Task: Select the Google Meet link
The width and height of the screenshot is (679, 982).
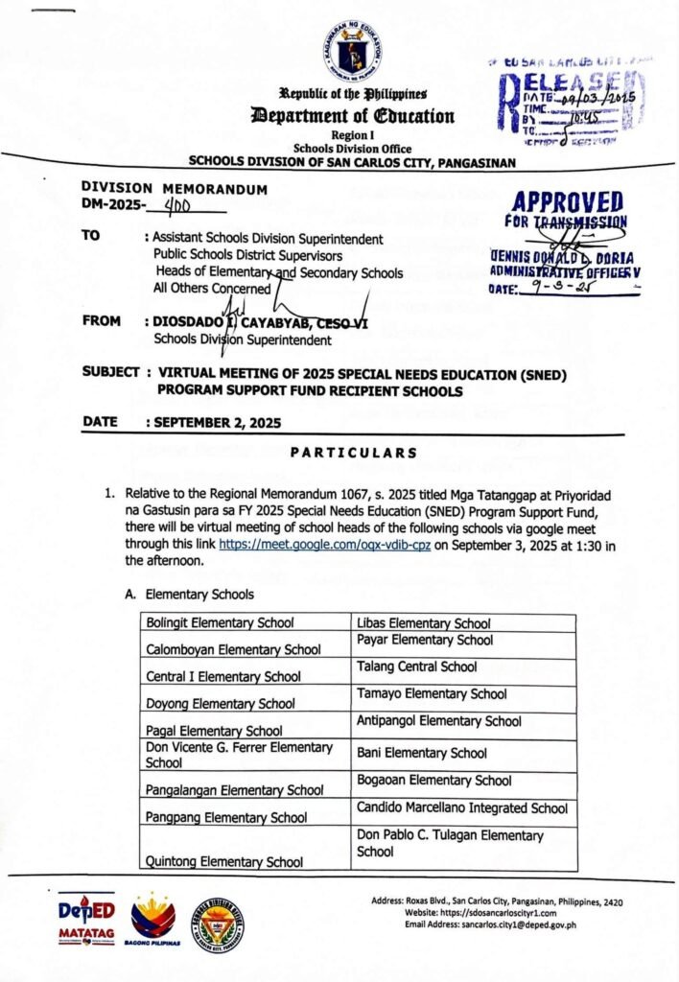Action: coord(325,542)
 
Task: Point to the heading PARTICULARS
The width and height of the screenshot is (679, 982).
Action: coord(354,453)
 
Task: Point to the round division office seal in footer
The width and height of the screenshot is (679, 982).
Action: coord(217,924)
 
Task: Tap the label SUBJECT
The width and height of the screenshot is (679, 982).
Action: coord(111,371)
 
